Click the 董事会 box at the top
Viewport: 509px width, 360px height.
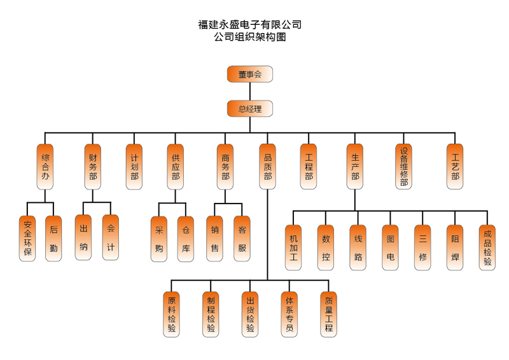click(250, 74)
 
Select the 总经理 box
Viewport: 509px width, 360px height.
click(250, 109)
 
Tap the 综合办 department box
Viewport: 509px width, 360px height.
click(45, 167)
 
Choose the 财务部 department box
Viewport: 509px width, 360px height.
click(93, 167)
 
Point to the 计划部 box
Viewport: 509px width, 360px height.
click(134, 167)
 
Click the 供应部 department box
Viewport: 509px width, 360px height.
click(176, 167)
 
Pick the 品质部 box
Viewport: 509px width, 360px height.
click(268, 167)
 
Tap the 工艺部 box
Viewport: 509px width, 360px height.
click(455, 167)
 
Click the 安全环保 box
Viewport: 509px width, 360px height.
click(27, 239)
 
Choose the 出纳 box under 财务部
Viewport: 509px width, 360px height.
click(83, 238)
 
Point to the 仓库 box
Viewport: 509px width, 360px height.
click(185, 239)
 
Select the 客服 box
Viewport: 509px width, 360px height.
click(242, 239)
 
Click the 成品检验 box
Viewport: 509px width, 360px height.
click(487, 247)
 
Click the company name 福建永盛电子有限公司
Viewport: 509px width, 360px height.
click(250, 25)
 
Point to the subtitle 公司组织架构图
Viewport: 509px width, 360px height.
click(250, 38)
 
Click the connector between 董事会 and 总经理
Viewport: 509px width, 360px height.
click(250, 92)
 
